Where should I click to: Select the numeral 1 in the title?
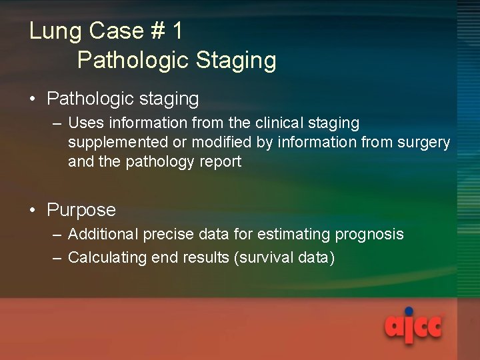(177, 31)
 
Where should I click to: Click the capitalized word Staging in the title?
(236, 61)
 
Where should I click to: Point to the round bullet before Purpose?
(33, 211)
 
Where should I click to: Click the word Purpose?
(81, 210)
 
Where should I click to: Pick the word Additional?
(102, 235)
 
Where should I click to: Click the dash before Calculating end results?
(57, 257)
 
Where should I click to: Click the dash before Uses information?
(57, 123)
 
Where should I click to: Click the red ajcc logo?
(413, 327)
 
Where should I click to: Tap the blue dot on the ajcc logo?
(409, 311)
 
